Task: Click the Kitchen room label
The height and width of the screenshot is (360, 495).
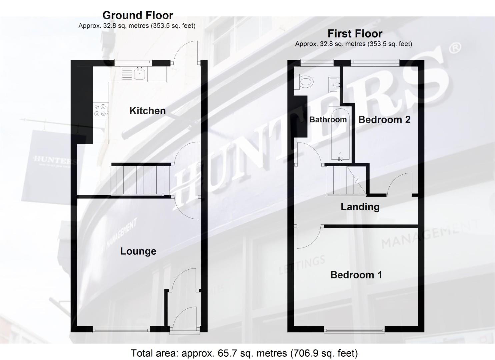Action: (147, 111)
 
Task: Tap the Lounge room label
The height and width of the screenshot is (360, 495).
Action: (138, 251)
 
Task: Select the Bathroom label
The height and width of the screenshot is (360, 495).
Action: (328, 119)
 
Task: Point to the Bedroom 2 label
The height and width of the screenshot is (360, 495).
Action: (384, 120)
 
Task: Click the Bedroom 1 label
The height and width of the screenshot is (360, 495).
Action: (356, 275)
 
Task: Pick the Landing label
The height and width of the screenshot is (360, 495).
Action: (360, 207)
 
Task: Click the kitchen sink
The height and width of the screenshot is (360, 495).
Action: (140, 74)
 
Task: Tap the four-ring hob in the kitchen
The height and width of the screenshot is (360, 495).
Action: (100, 110)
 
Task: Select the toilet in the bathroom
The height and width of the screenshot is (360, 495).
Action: (305, 81)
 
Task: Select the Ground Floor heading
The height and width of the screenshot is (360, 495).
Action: (138, 15)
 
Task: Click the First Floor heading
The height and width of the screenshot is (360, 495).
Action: (355, 34)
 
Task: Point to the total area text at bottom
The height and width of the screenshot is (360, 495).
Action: (244, 353)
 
